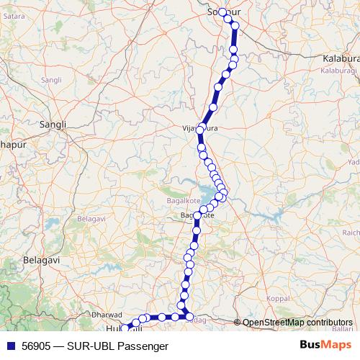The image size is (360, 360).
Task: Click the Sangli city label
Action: tap(53, 124)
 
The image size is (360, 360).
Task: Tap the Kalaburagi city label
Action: tap(340, 56)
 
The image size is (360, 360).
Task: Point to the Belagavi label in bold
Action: tap(40, 258)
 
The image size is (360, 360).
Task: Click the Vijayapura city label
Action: tap(199, 129)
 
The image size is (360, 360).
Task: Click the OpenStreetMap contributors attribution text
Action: tap(298, 323)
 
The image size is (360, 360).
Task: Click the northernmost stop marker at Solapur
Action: tap(222, 12)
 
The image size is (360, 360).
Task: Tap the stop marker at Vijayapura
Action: tap(202, 131)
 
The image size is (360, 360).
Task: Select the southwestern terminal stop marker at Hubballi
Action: tap(122, 329)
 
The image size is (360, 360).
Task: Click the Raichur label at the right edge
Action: tap(351, 233)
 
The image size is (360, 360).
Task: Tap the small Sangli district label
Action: tap(53, 78)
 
